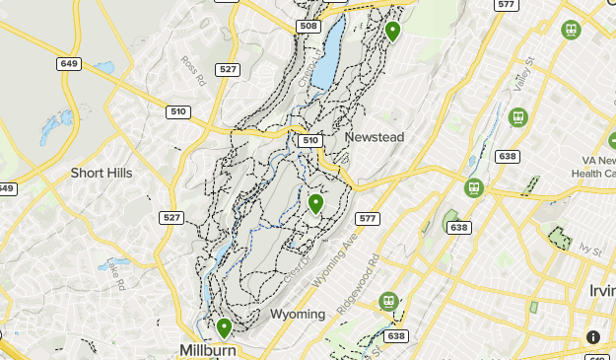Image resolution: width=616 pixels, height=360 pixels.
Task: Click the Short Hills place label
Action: point(101,173)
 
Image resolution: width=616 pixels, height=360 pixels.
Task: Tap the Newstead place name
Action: point(375,137)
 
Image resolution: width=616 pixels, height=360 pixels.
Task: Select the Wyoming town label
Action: point(298,314)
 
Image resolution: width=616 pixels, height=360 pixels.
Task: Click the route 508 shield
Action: point(308,26)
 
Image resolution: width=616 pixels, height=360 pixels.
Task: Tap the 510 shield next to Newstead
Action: point(311,140)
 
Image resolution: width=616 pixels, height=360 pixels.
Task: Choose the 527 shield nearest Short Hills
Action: point(171,217)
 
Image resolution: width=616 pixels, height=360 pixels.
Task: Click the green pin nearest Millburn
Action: point(224,327)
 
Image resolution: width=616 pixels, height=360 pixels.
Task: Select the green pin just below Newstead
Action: point(315,203)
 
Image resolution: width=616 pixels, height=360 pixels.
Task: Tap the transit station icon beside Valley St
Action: point(515,116)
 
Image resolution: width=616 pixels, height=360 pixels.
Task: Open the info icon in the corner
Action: point(593,337)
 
